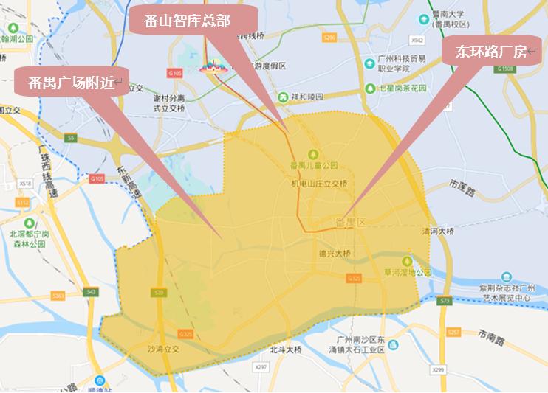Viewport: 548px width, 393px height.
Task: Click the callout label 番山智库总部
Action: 191,21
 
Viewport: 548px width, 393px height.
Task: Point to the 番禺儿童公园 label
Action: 313,165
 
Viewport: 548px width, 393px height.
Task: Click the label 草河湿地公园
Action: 406,272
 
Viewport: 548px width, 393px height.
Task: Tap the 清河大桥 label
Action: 436,231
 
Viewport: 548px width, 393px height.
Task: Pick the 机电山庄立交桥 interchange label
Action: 319,183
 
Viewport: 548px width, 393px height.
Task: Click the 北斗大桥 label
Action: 286,349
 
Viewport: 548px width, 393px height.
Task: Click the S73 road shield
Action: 444,301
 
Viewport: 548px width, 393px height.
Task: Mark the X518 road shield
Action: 26,183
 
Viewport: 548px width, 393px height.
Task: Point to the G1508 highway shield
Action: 505,69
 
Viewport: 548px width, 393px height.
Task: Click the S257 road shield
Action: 453,333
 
